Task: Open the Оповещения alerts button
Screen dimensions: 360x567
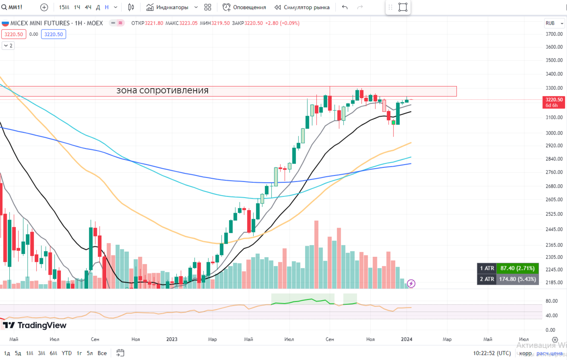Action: (244, 7)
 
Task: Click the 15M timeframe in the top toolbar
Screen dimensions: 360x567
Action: (64, 7)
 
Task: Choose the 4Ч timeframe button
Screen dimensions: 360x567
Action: (88, 7)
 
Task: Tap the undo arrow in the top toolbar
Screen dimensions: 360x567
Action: (345, 7)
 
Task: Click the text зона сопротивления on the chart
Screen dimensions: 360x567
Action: (163, 91)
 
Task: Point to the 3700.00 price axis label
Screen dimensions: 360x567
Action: (554, 34)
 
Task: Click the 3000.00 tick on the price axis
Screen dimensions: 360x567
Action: (554, 133)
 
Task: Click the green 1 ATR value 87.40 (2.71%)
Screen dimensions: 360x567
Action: (517, 268)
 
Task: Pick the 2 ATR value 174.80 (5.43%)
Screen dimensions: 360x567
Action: (517, 279)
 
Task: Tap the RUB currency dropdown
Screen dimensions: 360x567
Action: (554, 23)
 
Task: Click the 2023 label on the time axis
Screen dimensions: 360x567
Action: (172, 339)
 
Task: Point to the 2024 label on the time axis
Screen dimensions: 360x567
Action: (406, 339)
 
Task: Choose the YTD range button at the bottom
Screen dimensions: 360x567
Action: (66, 353)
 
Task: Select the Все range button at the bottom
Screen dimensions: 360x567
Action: (102, 353)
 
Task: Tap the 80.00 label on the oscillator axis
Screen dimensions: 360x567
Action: (551, 301)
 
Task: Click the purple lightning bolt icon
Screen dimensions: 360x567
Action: (411, 284)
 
